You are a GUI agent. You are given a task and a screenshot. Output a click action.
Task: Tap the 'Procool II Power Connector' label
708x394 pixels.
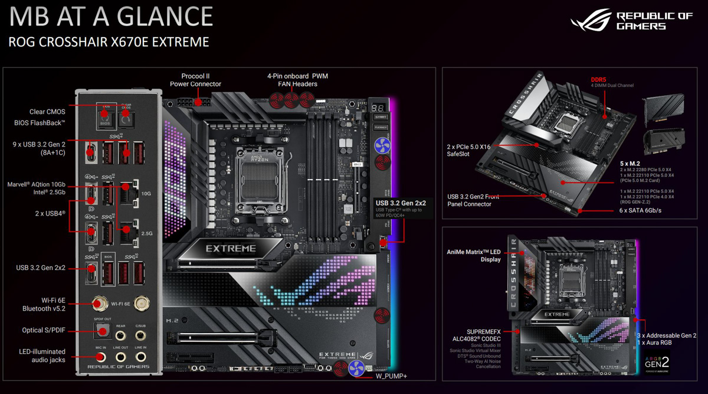(195, 80)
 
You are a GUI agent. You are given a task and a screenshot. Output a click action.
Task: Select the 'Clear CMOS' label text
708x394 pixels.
(47, 112)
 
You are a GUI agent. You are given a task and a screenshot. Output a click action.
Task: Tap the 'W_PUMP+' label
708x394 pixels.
(392, 376)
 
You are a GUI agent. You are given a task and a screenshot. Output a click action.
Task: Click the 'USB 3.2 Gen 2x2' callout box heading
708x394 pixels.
(401, 203)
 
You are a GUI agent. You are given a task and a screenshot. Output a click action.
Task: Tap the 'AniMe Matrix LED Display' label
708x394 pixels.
(474, 255)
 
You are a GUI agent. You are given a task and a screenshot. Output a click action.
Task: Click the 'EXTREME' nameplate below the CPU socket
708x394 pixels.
(231, 249)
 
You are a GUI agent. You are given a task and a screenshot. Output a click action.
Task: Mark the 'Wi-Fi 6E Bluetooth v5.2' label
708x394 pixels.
(44, 304)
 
